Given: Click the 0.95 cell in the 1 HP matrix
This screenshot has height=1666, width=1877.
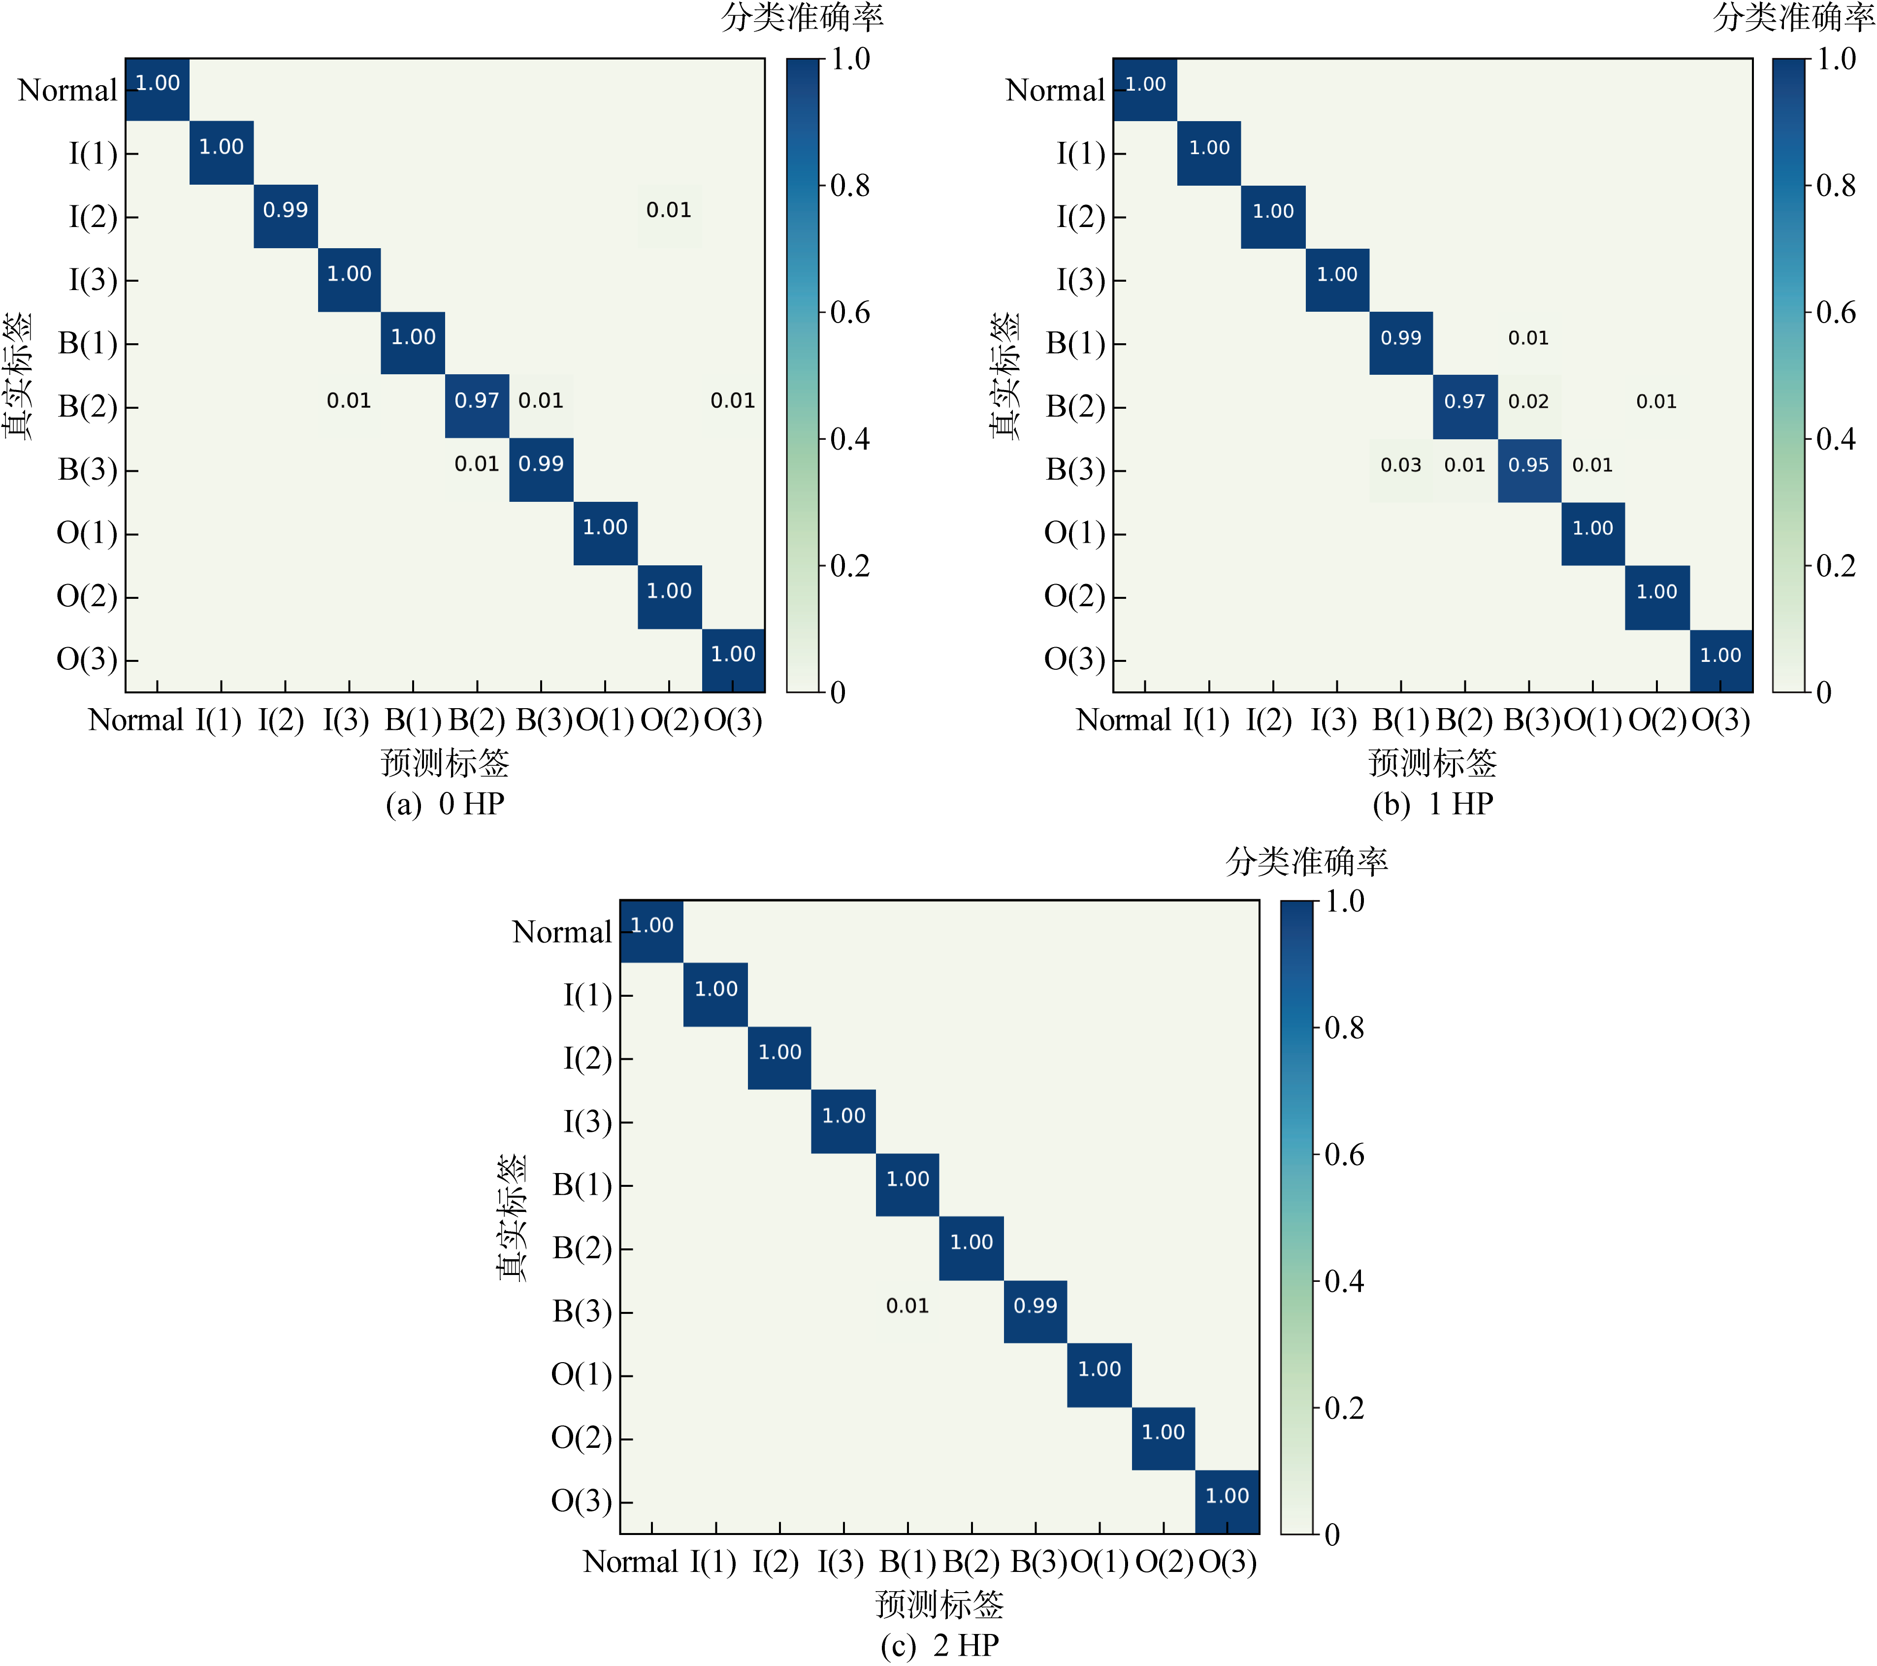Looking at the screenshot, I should point(1528,466).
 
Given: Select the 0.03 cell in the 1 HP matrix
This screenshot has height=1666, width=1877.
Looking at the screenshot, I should point(1400,466).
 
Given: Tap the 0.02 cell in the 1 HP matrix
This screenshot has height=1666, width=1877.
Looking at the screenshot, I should point(1528,401).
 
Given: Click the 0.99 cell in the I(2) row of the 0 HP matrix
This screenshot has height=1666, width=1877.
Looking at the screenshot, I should point(286,210).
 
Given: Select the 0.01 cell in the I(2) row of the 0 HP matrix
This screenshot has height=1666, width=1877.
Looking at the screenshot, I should point(669,210).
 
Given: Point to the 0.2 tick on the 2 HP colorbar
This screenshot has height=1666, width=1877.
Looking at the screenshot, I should point(1343,1408).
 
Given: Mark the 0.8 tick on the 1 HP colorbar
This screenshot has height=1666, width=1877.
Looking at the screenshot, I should point(1836,186).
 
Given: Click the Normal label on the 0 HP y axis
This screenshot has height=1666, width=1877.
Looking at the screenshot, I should point(67,90).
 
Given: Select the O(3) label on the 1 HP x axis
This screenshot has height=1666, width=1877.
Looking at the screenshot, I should point(1721,720).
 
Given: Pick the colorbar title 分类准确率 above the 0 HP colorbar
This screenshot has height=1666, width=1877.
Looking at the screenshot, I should point(802,17).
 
